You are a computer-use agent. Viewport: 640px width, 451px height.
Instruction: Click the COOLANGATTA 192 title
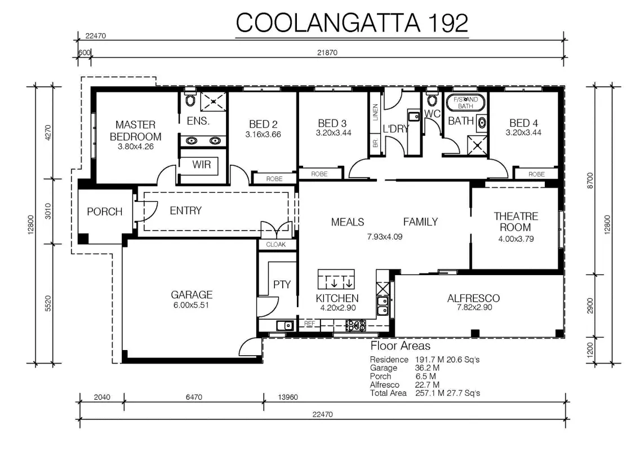coord(352,23)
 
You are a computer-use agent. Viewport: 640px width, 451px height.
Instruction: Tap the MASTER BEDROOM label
coord(136,130)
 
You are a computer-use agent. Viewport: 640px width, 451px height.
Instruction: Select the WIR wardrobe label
coord(202,165)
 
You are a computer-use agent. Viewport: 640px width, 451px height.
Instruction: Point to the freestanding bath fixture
coord(465,103)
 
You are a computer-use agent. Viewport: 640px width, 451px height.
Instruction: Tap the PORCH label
coord(104,211)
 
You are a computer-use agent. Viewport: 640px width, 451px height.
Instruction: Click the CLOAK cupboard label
coord(276,244)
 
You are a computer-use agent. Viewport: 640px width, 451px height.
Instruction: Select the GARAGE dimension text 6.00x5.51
coord(191,305)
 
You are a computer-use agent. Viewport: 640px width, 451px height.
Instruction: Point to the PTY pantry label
coord(282,285)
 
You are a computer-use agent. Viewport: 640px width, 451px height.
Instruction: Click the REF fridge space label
coord(309,324)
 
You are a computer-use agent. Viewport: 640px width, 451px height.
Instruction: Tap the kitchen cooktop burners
coord(356,325)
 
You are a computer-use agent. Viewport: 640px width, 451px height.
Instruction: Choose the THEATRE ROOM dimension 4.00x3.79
coord(516,239)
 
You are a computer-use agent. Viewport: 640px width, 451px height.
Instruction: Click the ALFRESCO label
coord(473,298)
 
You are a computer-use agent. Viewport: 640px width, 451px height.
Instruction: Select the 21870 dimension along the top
coord(327,52)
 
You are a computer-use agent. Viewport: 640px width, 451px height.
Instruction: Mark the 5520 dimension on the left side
coord(48,303)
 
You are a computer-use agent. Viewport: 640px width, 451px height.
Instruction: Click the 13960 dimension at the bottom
coord(288,397)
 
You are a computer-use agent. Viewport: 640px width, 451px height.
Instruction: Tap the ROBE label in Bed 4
coord(536,174)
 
